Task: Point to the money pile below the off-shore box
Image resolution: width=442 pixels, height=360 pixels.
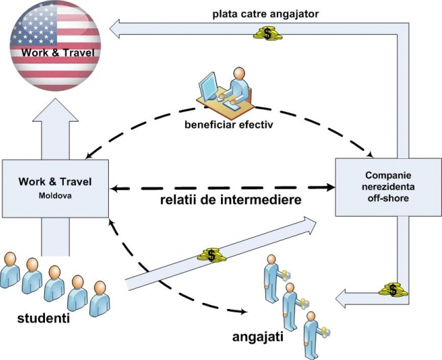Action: point(393,290)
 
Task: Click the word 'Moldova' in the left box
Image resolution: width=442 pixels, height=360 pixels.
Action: point(55,195)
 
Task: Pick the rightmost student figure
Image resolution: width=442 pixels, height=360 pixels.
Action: point(101,300)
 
